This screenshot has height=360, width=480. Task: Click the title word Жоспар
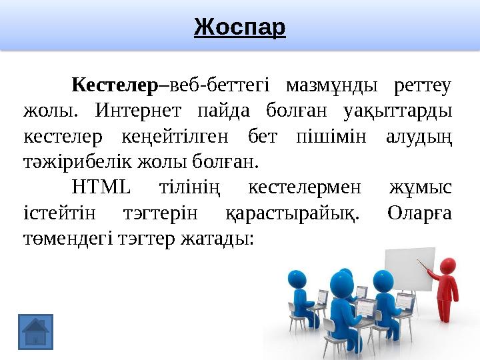click(239, 27)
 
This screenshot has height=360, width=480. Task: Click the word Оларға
click(419, 213)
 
